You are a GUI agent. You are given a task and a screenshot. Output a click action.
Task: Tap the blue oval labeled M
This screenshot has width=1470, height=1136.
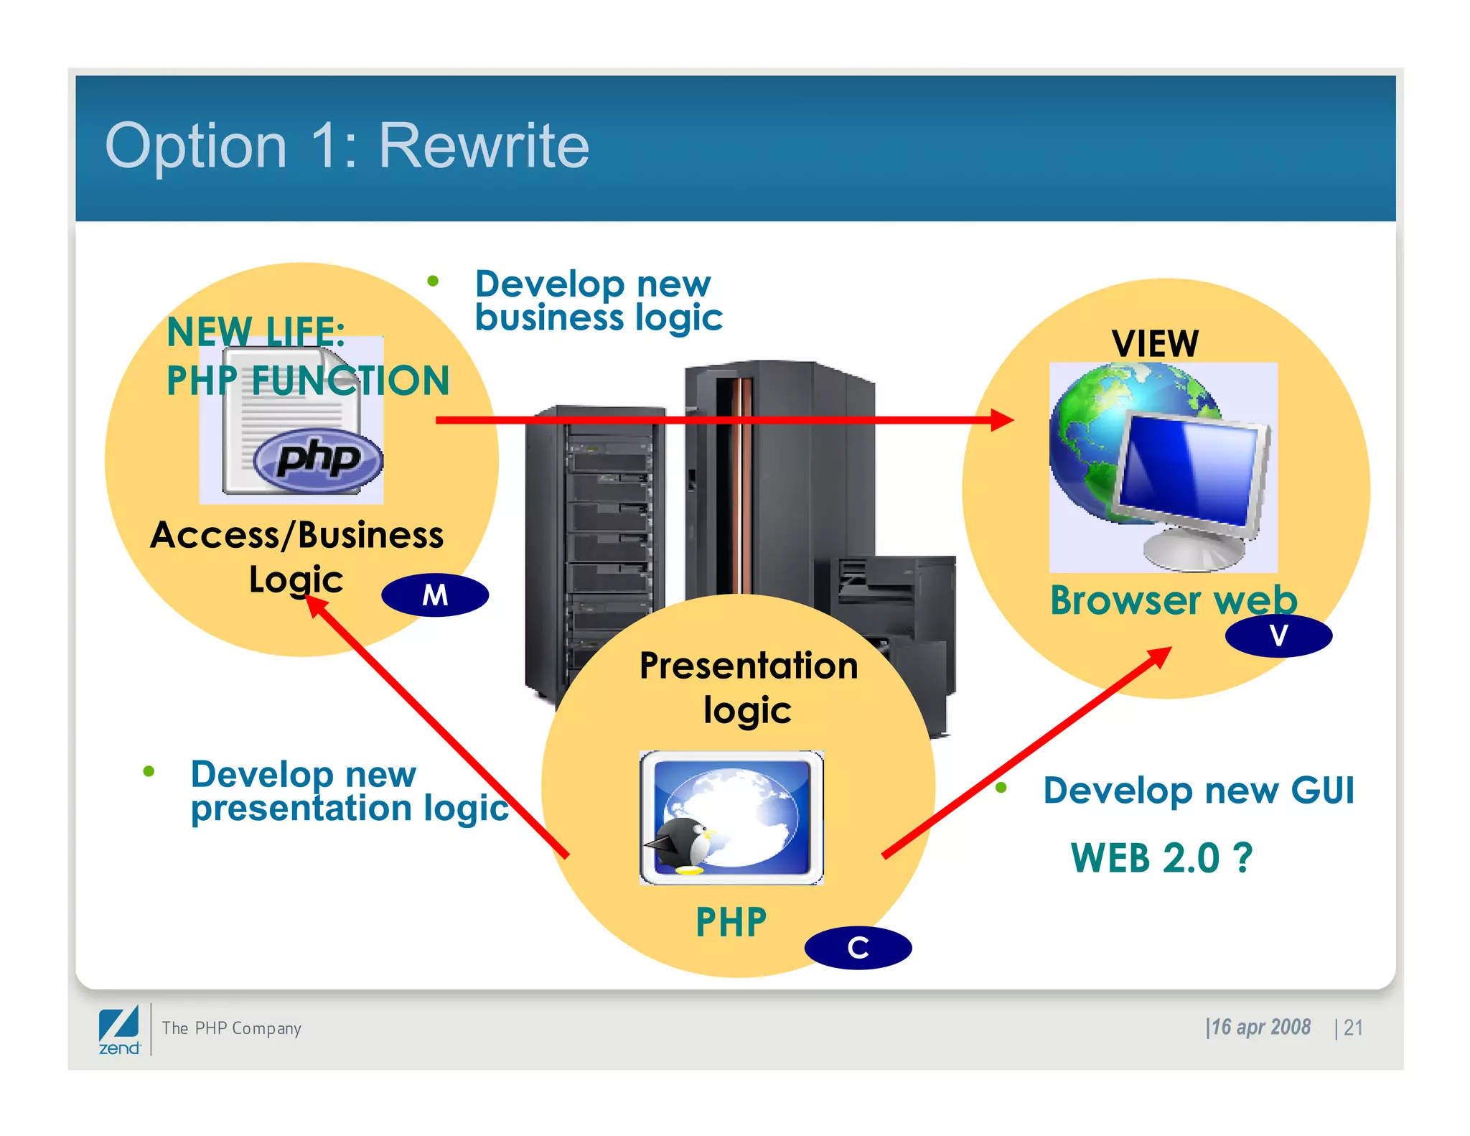pos(435,595)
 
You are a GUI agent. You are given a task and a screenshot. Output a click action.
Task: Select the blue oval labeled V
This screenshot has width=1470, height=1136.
pos(1278,635)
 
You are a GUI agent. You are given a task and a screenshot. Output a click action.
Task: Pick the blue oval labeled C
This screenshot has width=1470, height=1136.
pos(858,948)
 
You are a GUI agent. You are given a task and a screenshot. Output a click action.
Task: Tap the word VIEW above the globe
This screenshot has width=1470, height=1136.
pos(1155,343)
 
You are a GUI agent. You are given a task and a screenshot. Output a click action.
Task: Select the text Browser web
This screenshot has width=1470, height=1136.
pos(1173,600)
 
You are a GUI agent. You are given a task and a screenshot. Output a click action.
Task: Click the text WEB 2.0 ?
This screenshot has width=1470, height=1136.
pos(1161,858)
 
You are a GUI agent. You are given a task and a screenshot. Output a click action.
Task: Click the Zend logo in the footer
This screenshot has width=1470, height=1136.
pos(119,1030)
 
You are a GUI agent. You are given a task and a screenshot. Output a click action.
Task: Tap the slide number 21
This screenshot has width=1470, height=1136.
pos(1353,1028)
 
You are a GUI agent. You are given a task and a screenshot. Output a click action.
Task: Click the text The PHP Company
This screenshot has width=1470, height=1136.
pos(231,1028)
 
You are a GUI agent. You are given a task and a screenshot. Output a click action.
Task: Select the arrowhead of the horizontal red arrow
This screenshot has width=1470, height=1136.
pos(1001,420)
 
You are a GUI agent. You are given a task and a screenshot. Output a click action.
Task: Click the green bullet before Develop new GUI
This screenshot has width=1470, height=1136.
pos(1001,788)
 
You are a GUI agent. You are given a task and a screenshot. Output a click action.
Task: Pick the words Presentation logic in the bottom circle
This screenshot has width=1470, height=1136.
pos(748,686)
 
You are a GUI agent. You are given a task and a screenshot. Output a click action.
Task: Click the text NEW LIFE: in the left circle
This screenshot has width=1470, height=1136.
pos(256,332)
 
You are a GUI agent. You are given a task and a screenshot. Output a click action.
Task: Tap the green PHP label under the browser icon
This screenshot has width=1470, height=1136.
pos(731,922)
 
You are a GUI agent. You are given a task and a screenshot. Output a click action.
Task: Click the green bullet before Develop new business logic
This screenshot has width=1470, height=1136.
pos(433,281)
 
